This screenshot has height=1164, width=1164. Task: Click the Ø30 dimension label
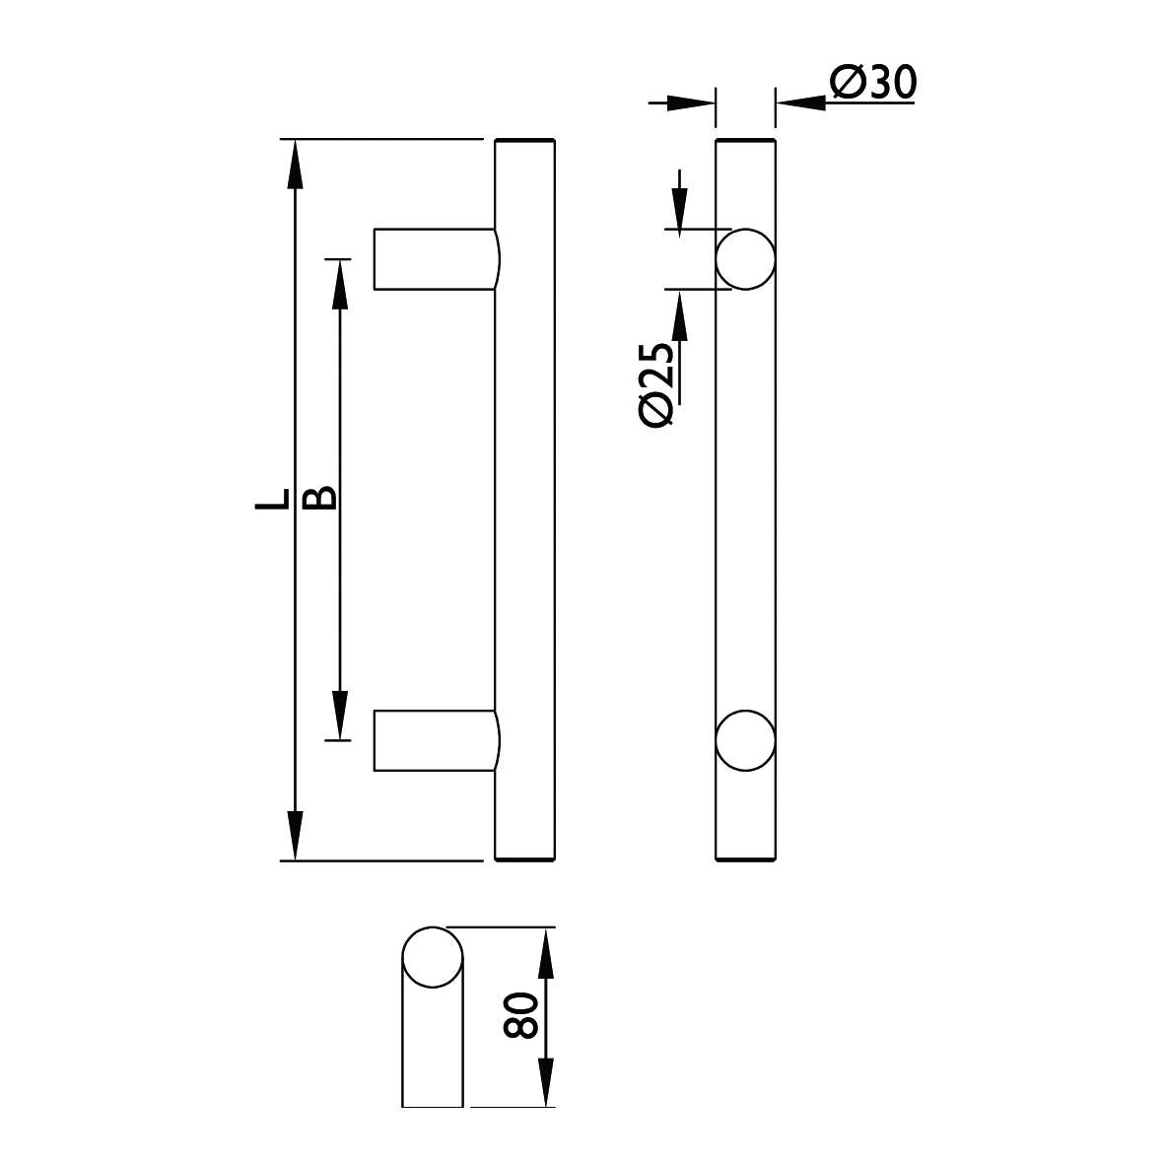pos(874,82)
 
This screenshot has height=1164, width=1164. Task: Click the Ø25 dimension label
pos(656,383)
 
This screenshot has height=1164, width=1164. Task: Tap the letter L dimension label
pos(271,499)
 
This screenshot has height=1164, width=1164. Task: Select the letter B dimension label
pos(321,498)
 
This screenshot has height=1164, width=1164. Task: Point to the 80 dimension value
pos(519,1015)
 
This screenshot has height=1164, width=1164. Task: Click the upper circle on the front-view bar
pos(745,259)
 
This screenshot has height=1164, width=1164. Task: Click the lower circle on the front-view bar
pos(745,740)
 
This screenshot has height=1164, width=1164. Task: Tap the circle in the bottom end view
pos(432,957)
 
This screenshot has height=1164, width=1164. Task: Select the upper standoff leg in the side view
pos(437,259)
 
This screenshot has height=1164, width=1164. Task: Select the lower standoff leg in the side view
pos(437,740)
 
